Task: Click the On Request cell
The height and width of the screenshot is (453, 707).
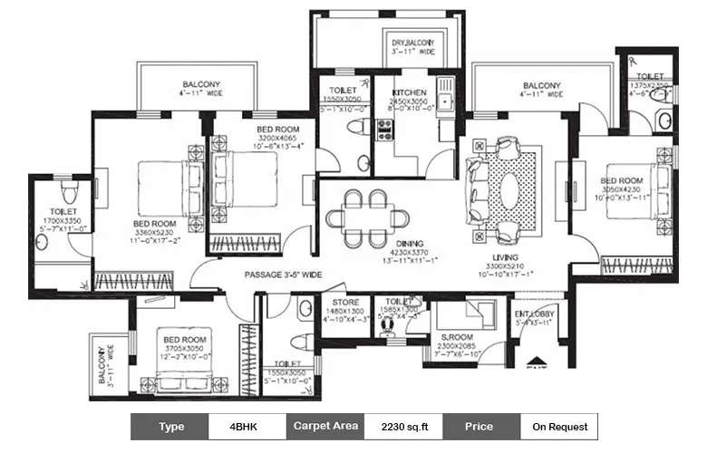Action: click(559, 426)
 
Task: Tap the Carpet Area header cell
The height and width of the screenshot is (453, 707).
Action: click(325, 426)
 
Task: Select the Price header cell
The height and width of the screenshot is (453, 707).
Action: click(480, 426)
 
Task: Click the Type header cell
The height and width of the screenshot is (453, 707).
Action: click(170, 426)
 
